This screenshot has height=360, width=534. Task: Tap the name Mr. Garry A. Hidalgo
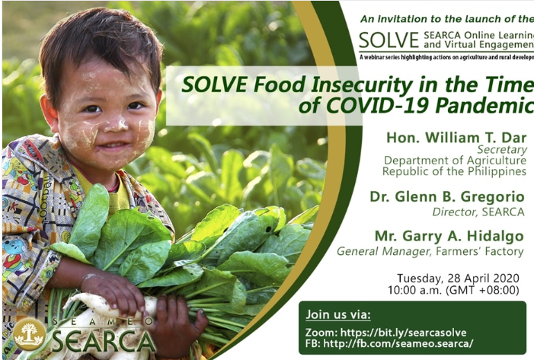449,236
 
